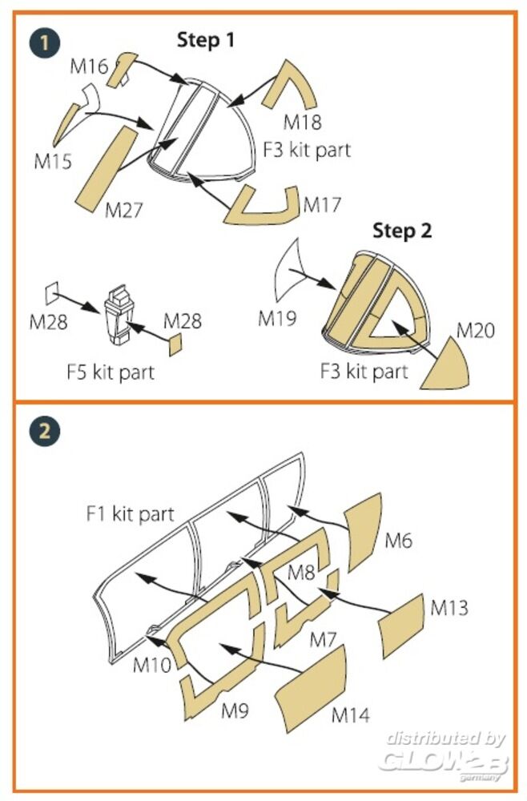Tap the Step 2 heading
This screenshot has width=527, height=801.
pos(402,231)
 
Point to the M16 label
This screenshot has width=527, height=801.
pos(88,66)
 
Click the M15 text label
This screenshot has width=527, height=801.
pos(53,160)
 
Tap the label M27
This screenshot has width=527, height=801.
pos(124,211)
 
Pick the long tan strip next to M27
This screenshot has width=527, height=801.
pos(107,165)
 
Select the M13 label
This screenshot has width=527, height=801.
pos(449,607)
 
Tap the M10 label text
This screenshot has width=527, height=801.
pos(151,664)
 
